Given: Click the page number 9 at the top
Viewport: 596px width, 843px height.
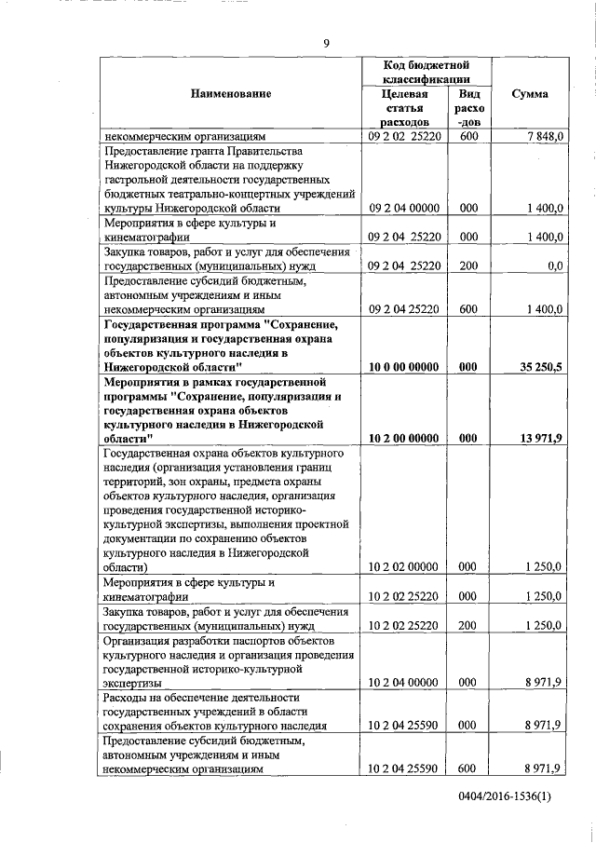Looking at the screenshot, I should [326, 43].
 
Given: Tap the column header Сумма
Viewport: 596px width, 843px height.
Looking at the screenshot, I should [530, 93].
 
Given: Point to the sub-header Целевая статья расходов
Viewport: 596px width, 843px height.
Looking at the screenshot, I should [405, 108].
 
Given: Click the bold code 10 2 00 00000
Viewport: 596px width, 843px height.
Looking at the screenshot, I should [404, 437].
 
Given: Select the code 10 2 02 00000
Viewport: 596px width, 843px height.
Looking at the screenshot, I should [404, 565].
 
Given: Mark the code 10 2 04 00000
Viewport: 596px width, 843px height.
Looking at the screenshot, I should [404, 682].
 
